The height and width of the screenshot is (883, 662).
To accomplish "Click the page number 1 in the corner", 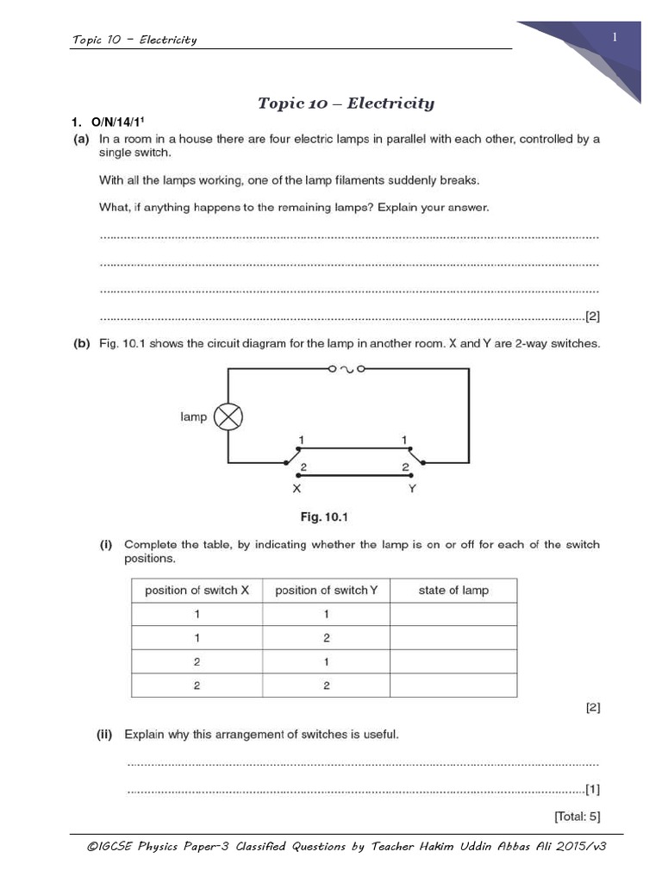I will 615,37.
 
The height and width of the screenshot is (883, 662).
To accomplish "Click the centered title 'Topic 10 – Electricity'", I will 346,103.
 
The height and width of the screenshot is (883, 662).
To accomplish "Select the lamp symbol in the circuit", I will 228,417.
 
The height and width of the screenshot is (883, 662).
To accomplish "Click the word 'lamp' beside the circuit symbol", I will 194,417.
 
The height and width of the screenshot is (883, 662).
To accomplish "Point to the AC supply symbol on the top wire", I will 347,368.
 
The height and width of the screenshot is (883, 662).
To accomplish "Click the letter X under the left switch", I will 296,488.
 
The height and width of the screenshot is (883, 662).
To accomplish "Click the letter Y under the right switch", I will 412,488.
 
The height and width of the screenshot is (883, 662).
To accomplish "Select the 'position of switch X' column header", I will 197,591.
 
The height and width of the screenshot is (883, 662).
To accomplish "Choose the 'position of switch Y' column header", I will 326,591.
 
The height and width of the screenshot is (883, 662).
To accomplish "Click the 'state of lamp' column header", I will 453,591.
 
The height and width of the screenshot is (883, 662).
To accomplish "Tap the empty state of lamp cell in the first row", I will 453,614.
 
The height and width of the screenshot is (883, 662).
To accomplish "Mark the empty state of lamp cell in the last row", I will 453,685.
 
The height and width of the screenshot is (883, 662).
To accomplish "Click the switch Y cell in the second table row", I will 326,638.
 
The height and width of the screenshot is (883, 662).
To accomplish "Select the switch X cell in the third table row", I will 197,661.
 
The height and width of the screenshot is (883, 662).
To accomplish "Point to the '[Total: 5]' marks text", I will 577,816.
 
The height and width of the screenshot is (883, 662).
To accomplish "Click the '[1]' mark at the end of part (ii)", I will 592,789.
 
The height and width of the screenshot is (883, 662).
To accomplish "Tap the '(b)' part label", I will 81,343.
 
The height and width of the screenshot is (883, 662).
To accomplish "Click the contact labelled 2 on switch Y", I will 403,467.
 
